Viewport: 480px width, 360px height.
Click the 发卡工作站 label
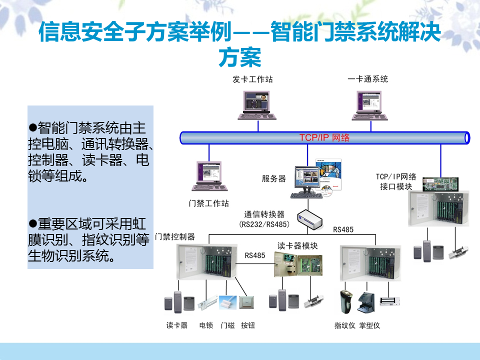tap(252, 79)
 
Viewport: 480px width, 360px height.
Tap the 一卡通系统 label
tap(367, 79)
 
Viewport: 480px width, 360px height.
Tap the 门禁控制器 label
tap(175, 236)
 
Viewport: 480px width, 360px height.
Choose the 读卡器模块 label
tap(297, 246)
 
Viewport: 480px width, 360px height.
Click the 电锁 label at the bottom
tap(206, 325)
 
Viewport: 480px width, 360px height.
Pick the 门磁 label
tap(227, 325)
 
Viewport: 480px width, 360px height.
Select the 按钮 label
tap(247, 325)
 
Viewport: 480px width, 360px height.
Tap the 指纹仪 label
tap(344, 325)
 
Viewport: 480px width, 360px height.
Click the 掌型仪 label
tap(369, 325)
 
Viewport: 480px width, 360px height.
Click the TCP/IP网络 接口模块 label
tap(396, 181)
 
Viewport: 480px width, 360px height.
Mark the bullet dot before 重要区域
tap(33, 222)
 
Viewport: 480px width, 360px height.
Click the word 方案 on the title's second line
tap(240, 57)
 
